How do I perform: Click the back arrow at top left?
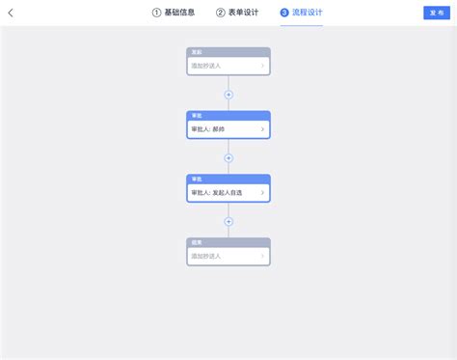click(x=11, y=13)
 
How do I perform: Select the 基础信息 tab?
click(x=179, y=13)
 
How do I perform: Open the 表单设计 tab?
click(x=243, y=13)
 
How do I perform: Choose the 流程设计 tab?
click(x=308, y=13)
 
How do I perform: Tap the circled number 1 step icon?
click(x=156, y=13)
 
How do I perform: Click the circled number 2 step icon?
click(x=220, y=13)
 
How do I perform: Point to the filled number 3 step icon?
click(x=284, y=13)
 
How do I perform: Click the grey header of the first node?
click(x=228, y=52)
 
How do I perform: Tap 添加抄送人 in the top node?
click(x=206, y=66)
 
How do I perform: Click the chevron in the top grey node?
click(x=262, y=66)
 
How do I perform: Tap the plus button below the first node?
click(x=228, y=95)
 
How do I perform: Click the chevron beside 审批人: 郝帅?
click(x=262, y=129)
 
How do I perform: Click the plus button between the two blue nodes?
click(x=228, y=157)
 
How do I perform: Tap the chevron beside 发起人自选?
click(x=262, y=193)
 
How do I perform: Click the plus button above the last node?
click(x=228, y=221)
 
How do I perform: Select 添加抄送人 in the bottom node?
click(x=206, y=256)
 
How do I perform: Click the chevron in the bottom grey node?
click(x=262, y=256)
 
